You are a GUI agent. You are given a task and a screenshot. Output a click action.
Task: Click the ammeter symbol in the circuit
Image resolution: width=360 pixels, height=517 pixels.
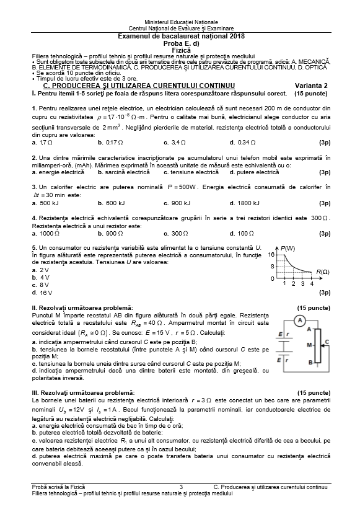click(299, 320)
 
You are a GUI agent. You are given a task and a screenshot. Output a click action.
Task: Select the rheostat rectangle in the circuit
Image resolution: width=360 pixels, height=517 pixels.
click(318, 347)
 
